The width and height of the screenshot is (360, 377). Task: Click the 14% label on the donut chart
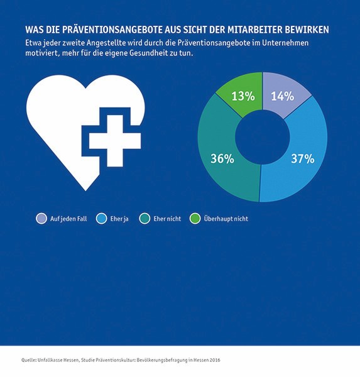pyautogui.click(x=283, y=96)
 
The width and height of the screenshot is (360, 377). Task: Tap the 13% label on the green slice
pyautogui.click(x=243, y=96)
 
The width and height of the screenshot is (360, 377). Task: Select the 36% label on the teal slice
pyautogui.click(x=222, y=159)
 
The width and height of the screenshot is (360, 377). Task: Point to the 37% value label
pyautogui.click(x=303, y=159)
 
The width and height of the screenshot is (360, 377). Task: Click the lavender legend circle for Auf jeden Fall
pyautogui.click(x=41, y=219)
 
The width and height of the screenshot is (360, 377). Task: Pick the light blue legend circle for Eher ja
pyautogui.click(x=102, y=219)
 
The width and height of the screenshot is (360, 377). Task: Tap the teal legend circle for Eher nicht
pyautogui.click(x=145, y=219)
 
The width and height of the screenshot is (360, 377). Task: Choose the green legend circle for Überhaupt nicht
pyautogui.click(x=195, y=219)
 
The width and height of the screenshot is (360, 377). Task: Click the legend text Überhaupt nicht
pyautogui.click(x=226, y=219)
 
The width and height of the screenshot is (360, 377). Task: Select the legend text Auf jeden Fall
pyautogui.click(x=68, y=219)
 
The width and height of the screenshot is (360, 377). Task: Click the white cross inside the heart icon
pyautogui.click(x=115, y=141)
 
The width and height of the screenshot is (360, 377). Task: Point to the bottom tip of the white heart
pyautogui.click(x=85, y=191)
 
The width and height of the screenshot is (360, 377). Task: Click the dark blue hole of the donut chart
pyautogui.click(x=263, y=137)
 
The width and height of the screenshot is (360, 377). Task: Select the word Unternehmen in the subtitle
pyautogui.click(x=285, y=43)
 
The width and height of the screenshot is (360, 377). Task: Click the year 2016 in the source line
pyautogui.click(x=215, y=360)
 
